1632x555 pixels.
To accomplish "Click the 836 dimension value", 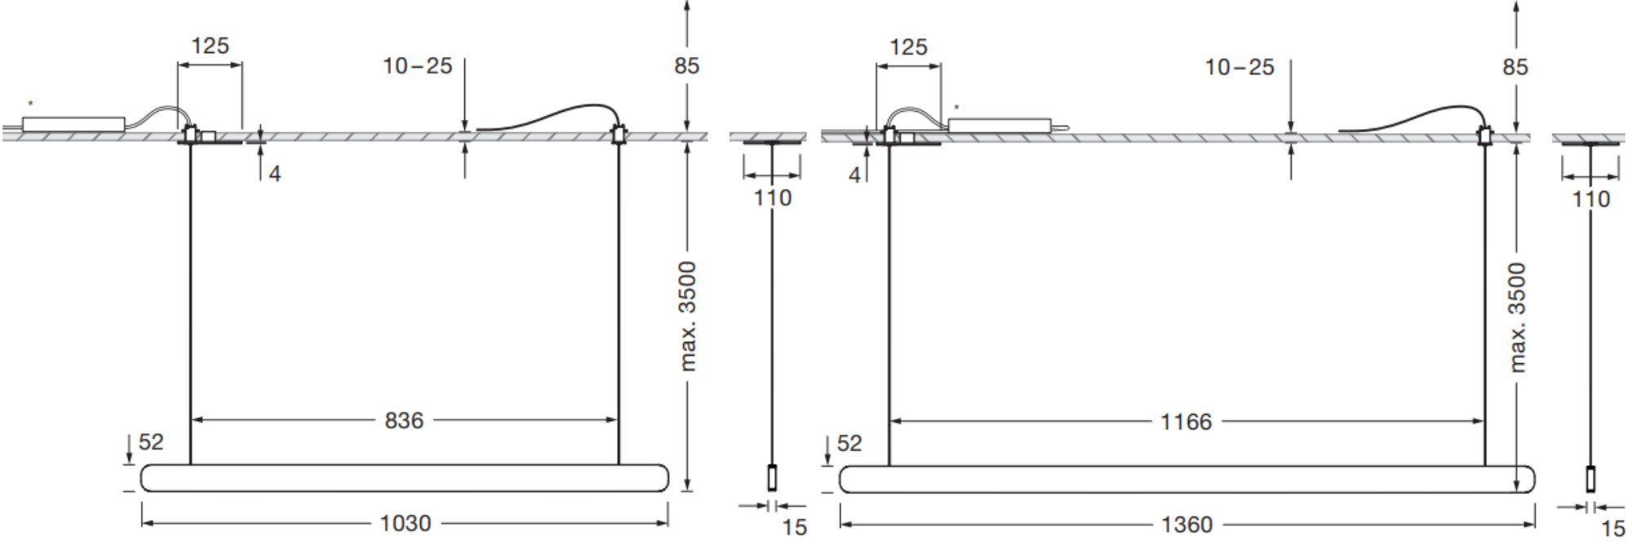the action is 404,420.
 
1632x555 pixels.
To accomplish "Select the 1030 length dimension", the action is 406,523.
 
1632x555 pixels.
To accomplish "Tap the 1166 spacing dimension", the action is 1186,422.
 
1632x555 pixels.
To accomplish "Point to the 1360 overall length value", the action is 1186,525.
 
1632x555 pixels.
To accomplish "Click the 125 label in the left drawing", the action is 210,46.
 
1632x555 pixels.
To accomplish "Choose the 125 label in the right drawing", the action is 908,47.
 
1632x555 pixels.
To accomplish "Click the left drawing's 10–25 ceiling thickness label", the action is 418,66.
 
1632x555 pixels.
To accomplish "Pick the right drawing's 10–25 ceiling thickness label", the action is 1240,68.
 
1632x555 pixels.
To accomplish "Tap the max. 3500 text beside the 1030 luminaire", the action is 688,316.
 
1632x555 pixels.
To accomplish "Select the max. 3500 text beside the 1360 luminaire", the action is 1517,317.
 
